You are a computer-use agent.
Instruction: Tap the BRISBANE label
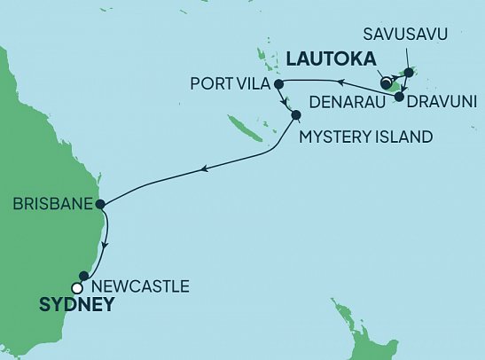51,203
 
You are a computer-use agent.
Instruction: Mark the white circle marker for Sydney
78,287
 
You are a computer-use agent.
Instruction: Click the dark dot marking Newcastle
85,276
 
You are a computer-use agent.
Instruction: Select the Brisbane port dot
101,203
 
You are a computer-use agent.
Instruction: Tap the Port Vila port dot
278,84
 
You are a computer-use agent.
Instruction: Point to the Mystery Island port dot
295,114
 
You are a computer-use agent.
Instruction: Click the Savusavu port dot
409,73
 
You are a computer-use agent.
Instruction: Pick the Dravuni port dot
399,97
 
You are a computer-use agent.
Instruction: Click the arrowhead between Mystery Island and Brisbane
204,168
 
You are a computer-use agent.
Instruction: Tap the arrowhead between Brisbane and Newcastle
106,244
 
